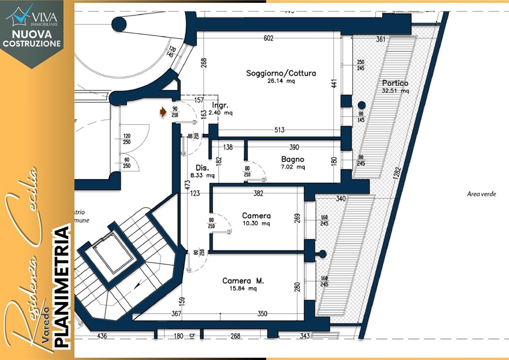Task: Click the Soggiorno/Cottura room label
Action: point(281,73)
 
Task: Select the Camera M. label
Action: point(243,281)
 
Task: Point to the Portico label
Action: point(395,83)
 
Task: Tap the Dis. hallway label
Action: point(202,168)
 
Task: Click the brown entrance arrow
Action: point(163,112)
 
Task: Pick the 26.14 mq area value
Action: point(281,81)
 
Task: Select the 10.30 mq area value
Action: point(256,224)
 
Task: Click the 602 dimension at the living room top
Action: point(268,38)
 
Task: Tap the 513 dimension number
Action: point(280,130)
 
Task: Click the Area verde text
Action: point(481,194)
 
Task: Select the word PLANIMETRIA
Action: point(62,287)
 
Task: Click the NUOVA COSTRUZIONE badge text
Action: point(32,38)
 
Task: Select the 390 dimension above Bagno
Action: point(294,147)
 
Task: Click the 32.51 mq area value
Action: point(396,91)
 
